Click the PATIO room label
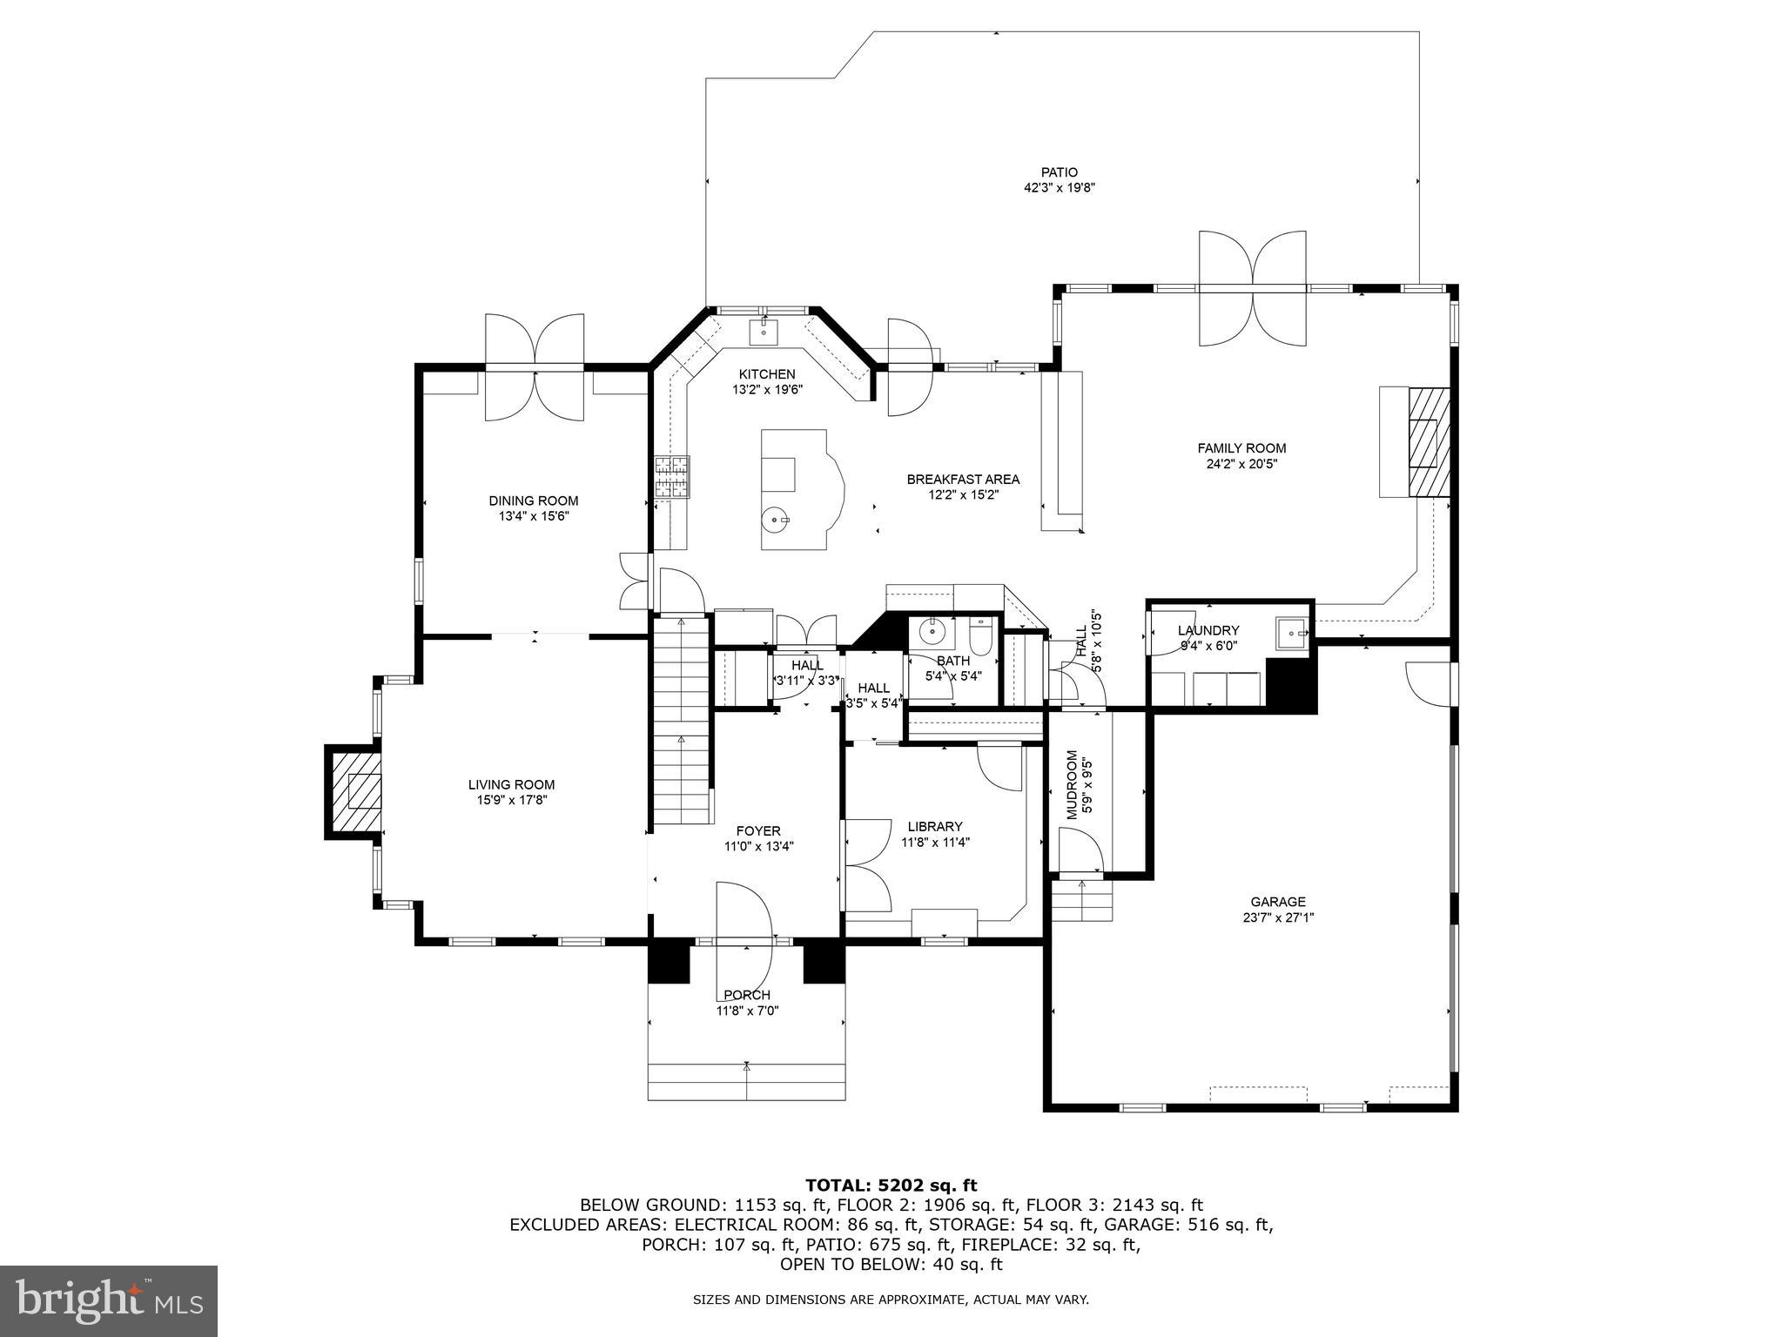pyautogui.click(x=1059, y=172)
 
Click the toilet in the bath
pyautogui.click(x=980, y=636)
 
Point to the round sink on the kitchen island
pyautogui.click(x=775, y=521)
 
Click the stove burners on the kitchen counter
pyautogui.click(x=672, y=477)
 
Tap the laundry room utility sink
pyautogui.click(x=1290, y=634)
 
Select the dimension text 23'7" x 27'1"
pyautogui.click(x=1278, y=917)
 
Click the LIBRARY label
pyautogui.click(x=934, y=827)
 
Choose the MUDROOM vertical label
pyautogui.click(x=1073, y=783)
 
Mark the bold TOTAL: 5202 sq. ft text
pyautogui.click(x=891, y=1186)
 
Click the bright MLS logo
pyautogui.click(x=109, y=1302)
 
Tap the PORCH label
pyautogui.click(x=746, y=995)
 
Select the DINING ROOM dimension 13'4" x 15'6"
pyautogui.click(x=533, y=516)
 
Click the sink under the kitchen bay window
pyautogui.click(x=764, y=330)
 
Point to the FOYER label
pyautogui.click(x=758, y=830)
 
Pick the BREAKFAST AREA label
pyautogui.click(x=963, y=480)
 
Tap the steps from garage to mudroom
pyautogui.click(x=1082, y=901)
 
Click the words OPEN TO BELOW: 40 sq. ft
pyautogui.click(x=891, y=1265)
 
